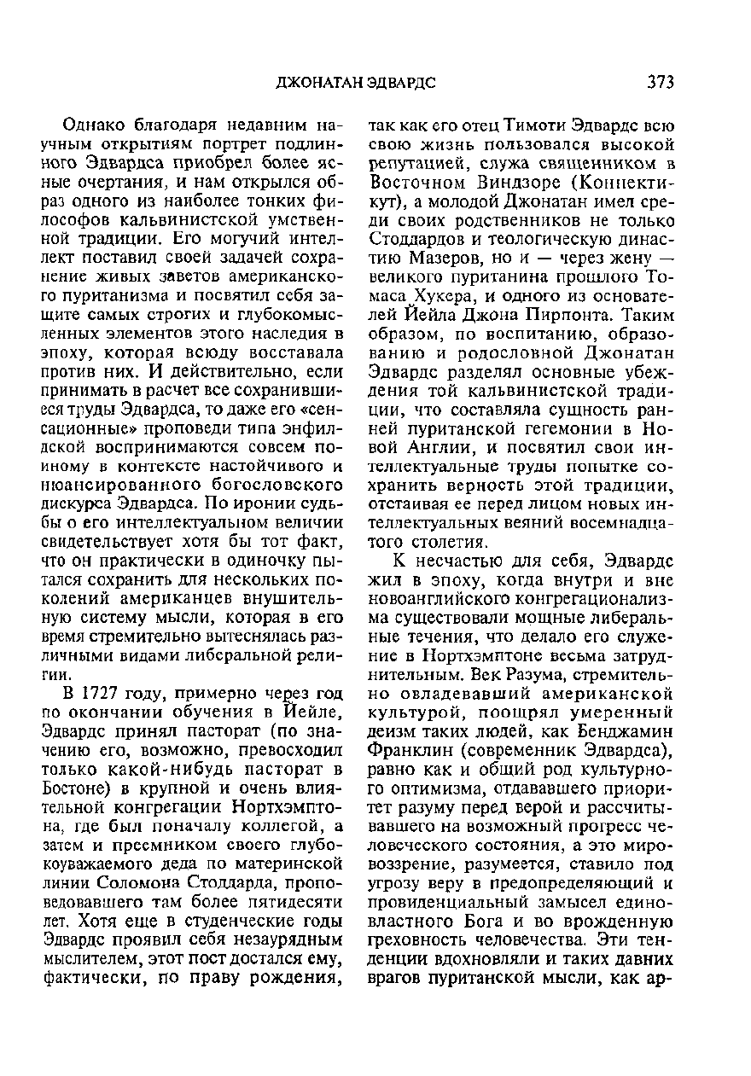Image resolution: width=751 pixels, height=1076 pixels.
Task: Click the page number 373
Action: (661, 82)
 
